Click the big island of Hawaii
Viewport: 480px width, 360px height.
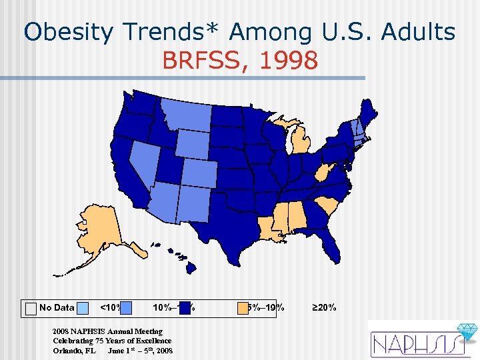click(x=191, y=267)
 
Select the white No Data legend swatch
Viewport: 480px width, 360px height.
click(x=31, y=307)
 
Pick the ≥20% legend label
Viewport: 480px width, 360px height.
click(x=324, y=307)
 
